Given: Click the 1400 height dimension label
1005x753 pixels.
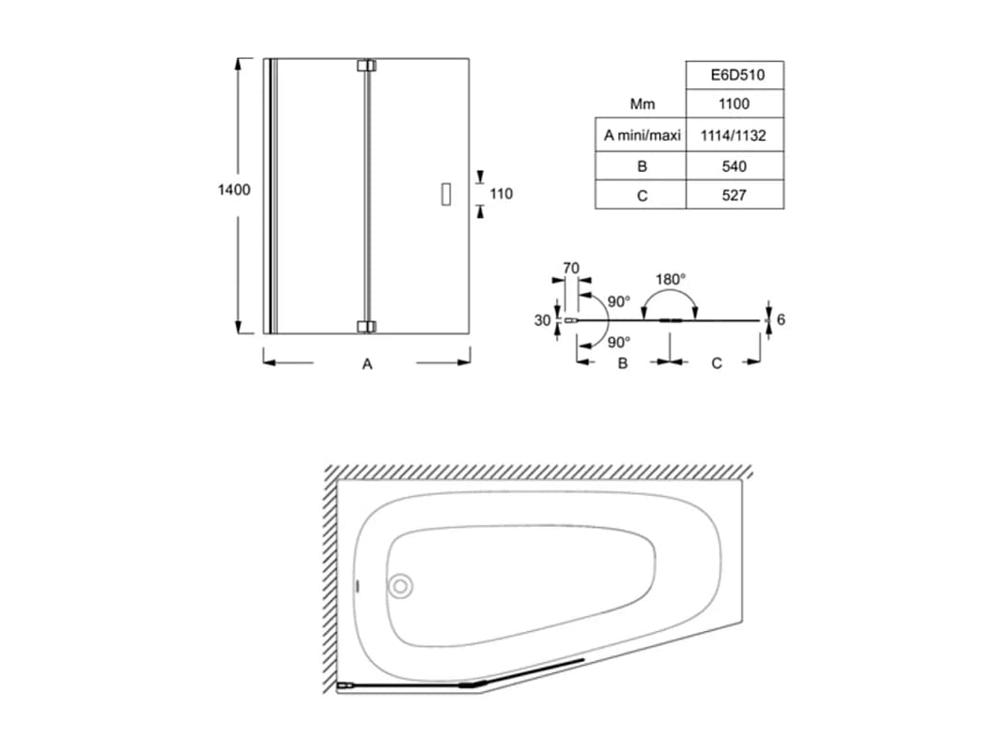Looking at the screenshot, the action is pos(234,190).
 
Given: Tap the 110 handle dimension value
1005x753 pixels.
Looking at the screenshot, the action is pos(502,193).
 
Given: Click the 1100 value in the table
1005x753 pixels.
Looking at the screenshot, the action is pos(734,104).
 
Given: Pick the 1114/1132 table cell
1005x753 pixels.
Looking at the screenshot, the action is pos(734,135).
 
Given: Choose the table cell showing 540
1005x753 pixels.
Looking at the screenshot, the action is pos(734,166).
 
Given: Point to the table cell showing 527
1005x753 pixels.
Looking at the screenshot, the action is pos(734,195).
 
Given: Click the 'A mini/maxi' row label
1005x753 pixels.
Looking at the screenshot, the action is pos(642,135).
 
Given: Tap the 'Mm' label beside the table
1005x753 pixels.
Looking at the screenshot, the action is pos(642,104).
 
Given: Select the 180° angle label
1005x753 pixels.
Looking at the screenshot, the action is pos(671,280).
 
